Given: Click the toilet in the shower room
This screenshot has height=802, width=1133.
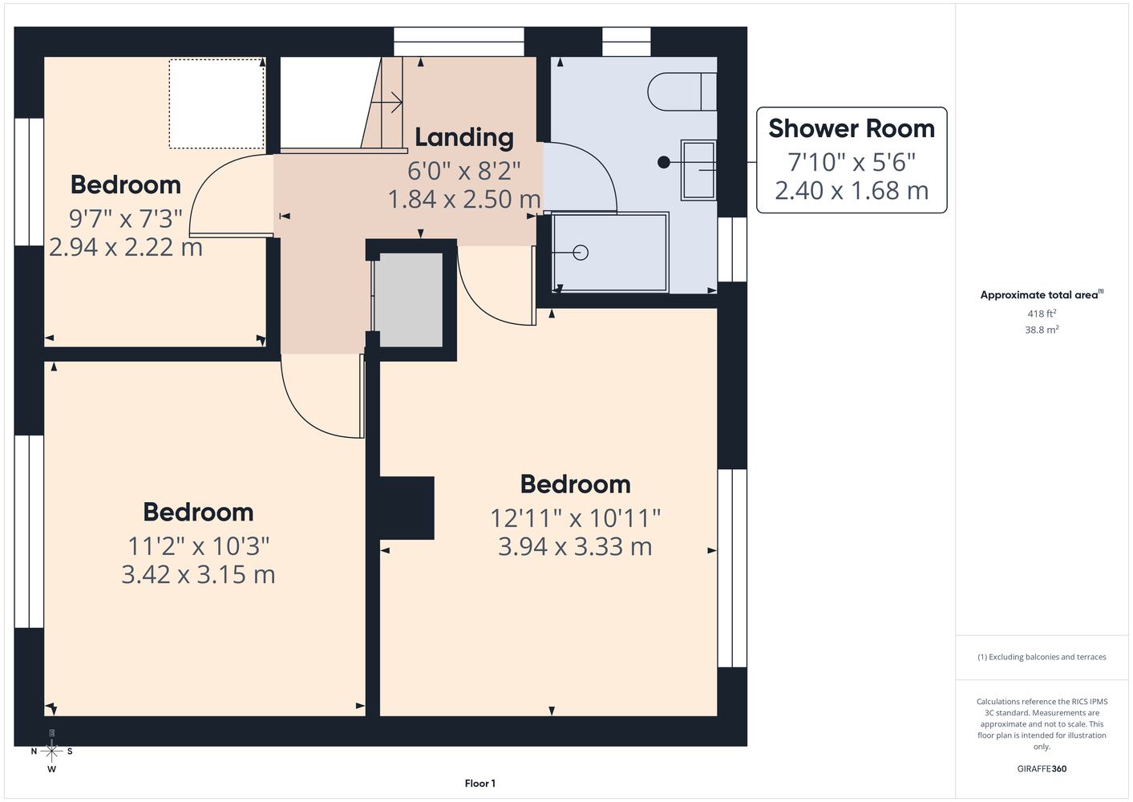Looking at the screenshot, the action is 682,91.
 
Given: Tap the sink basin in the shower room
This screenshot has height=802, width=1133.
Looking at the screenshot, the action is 698,170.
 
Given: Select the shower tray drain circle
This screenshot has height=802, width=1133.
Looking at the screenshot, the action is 581,252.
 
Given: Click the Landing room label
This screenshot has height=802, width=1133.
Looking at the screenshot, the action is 463,137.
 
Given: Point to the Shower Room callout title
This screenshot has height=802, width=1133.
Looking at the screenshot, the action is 852,128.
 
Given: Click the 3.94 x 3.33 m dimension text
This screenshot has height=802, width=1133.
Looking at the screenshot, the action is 575,546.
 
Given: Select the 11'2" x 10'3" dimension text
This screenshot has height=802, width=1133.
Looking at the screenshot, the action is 198,546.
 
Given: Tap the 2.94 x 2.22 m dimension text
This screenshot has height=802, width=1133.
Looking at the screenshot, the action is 125,248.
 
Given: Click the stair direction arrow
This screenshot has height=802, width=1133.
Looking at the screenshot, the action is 386,103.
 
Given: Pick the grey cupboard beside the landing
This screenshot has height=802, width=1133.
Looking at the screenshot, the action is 407,300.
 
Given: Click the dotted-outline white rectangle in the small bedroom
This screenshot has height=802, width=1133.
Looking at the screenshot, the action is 217,103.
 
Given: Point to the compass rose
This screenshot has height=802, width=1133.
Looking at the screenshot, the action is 51,751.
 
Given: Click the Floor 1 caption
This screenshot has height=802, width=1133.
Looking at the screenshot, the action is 480,784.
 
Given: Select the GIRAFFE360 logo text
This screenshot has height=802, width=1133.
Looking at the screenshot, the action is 1042,768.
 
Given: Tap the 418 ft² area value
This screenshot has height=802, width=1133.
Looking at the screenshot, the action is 1042,314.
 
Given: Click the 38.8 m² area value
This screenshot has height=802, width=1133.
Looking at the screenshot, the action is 1042,330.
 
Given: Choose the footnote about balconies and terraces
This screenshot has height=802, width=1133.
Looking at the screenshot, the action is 1042,657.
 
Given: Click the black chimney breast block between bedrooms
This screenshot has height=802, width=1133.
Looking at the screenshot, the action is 407,508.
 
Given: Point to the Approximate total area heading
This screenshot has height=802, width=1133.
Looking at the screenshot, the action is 1042,294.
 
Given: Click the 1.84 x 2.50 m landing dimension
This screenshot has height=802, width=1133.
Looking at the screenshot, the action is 463,199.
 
